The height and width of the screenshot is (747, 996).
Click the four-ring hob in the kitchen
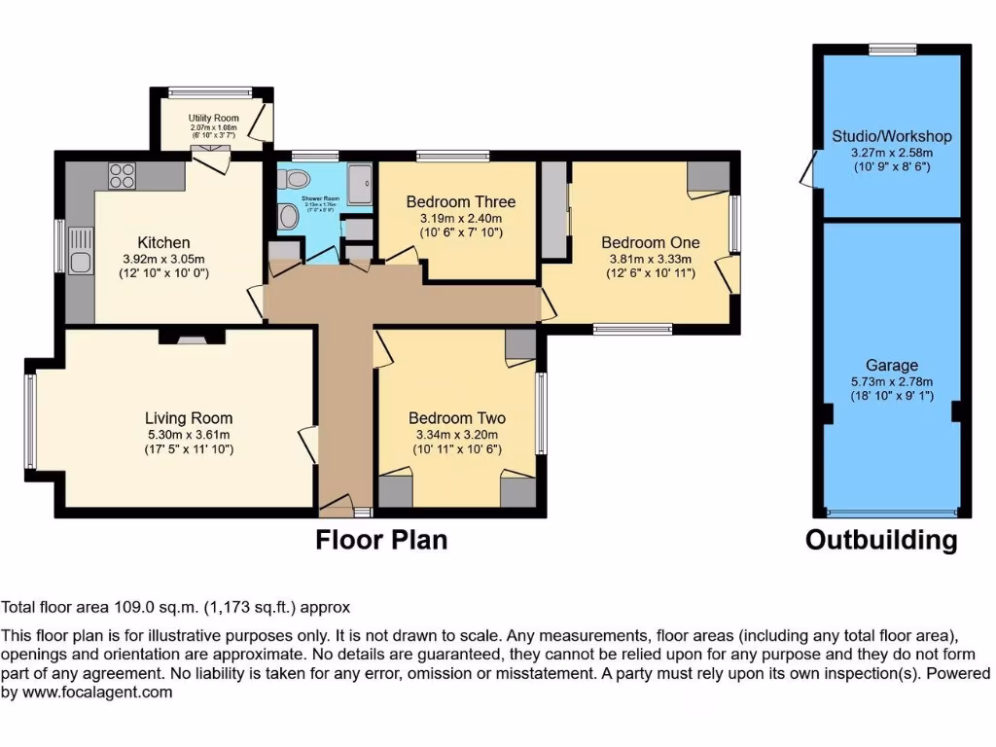click(122, 175)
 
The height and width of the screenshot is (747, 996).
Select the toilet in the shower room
click(294, 179)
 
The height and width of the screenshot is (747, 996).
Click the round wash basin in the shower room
click(288, 218)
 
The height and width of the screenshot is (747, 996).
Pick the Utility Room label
click(213, 119)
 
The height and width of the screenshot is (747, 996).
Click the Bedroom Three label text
click(460, 202)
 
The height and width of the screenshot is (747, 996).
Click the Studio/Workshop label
click(891, 136)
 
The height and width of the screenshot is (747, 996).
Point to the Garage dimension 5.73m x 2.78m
click(891, 382)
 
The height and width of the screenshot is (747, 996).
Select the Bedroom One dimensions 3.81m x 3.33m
click(650, 259)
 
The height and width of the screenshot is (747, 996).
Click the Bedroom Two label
click(456, 418)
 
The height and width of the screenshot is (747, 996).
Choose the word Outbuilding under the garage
click(880, 540)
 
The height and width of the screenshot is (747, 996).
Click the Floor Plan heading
click(381, 540)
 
